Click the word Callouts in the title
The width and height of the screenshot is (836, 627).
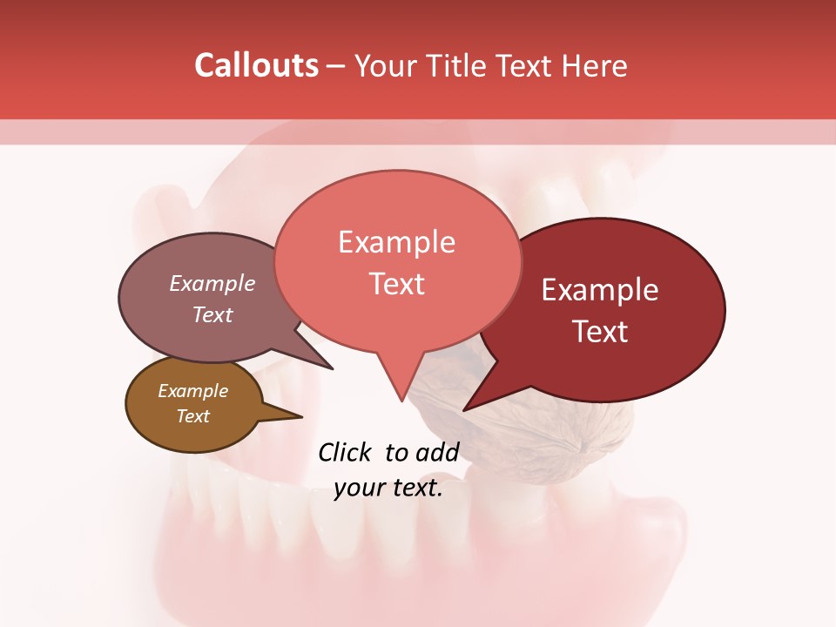256,65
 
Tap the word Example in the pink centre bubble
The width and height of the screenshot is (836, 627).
396,242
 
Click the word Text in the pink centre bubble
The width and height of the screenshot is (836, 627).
396,284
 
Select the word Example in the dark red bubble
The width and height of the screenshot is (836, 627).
600,290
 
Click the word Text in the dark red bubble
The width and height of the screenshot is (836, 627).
600,332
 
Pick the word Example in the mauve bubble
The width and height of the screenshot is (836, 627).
212,283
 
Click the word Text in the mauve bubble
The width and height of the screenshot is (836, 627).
212,314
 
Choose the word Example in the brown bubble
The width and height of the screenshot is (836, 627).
192,391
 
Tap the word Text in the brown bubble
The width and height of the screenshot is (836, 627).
192,416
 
